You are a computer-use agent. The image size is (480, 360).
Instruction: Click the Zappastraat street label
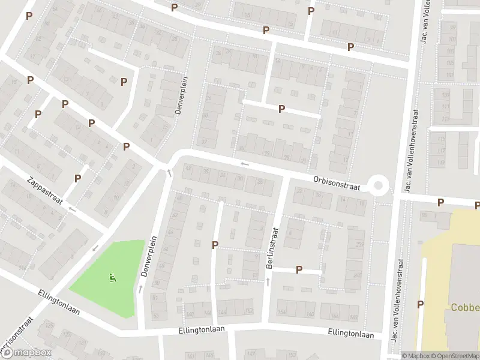(x=45, y=190)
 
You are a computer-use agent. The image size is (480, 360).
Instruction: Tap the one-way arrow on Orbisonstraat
(x=244, y=163)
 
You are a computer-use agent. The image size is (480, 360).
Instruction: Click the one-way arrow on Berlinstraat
(x=268, y=281)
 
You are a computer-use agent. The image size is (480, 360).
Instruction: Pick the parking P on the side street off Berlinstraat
(x=299, y=270)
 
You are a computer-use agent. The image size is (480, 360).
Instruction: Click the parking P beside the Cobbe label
(x=420, y=304)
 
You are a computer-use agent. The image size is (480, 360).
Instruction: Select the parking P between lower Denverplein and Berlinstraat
(x=215, y=244)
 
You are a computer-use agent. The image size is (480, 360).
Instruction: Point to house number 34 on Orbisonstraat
(x=223, y=175)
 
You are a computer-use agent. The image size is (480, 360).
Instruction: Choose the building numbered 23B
(x=359, y=244)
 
